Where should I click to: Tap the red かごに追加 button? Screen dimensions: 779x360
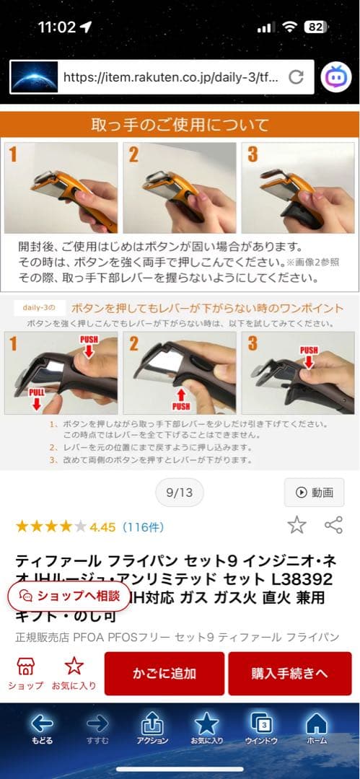[164, 674]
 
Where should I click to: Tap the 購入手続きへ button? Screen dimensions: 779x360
[290, 674]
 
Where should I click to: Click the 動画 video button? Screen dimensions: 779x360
[314, 493]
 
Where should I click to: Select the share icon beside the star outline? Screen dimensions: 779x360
[333, 525]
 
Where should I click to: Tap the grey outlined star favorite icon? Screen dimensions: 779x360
[297, 525]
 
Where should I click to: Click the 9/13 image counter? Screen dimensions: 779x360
[180, 493]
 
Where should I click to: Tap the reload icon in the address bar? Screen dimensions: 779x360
[295, 77]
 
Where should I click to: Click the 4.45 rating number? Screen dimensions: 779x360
[102, 527]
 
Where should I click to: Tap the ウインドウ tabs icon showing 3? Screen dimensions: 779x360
[261, 726]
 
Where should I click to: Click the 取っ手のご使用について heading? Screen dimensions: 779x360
[180, 125]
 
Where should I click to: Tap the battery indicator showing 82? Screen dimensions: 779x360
[315, 27]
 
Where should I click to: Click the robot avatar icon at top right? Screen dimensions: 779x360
[335, 76]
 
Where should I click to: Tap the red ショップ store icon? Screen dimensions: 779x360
[26, 666]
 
